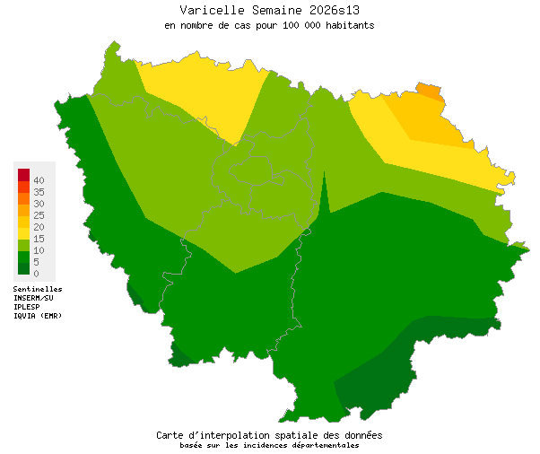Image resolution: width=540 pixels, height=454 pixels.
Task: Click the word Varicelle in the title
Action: [x=208, y=10]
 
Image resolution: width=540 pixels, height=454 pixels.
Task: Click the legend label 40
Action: [x=39, y=180]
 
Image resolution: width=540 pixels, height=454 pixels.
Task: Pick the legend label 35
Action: [x=39, y=192]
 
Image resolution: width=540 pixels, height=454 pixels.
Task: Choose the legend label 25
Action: [x=39, y=215]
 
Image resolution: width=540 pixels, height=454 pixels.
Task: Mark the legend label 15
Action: [x=39, y=239]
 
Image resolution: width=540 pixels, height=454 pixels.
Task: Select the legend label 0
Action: [x=36, y=273]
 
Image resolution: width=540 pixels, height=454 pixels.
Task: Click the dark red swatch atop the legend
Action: [x=23, y=174]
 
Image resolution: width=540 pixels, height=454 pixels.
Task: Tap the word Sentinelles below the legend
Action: [x=38, y=289]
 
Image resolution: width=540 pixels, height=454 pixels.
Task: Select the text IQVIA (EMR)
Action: [x=39, y=316]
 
